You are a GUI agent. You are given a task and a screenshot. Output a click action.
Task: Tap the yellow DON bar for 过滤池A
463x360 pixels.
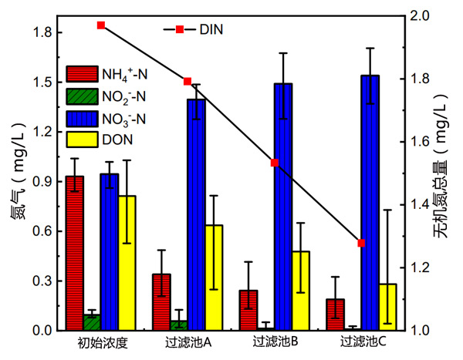(214, 278)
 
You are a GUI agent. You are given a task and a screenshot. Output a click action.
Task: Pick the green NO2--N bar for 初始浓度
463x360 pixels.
(92, 322)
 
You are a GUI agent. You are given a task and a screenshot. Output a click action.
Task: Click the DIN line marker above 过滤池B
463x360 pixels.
(275, 163)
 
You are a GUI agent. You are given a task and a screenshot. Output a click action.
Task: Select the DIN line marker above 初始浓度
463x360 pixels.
(101, 25)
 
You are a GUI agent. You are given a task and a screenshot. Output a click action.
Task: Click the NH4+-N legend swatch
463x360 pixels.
(81, 74)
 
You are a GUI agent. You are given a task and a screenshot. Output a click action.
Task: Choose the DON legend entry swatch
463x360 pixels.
(81, 139)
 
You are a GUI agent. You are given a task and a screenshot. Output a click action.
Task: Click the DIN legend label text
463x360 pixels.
(211, 30)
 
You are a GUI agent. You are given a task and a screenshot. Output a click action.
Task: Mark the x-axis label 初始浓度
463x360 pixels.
(102, 341)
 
